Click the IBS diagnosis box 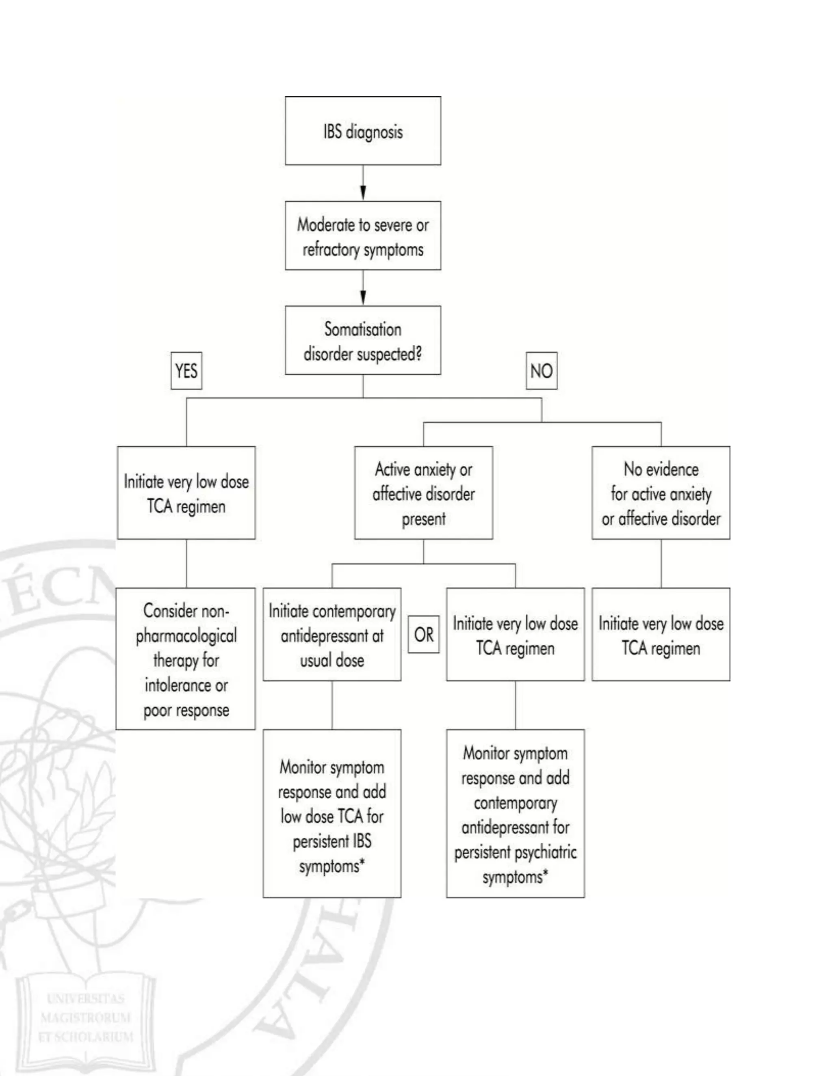click(363, 131)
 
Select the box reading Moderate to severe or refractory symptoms click(363, 236)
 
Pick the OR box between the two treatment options click(423, 634)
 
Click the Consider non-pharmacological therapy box click(186, 659)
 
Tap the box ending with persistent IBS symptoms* click(332, 813)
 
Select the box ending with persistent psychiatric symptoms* click(515, 813)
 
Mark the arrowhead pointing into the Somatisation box click(363, 297)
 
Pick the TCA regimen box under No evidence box click(661, 634)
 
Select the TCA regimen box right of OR click(515, 634)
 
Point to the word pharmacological click(186, 635)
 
